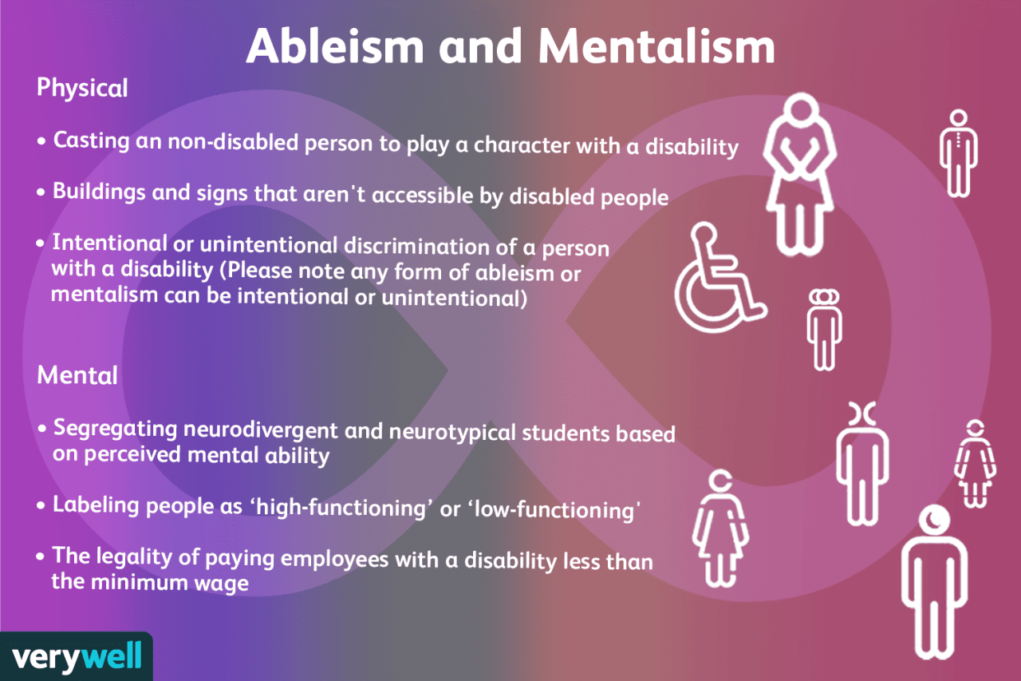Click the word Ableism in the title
click(x=335, y=46)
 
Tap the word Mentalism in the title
click(x=656, y=46)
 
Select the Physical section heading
click(x=82, y=88)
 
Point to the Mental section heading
click(x=77, y=375)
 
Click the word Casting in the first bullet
click(x=91, y=141)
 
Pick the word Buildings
click(x=99, y=192)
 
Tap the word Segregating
click(x=116, y=429)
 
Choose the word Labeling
click(x=96, y=505)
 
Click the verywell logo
click(x=77, y=657)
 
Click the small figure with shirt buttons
click(x=959, y=153)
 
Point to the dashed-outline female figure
click(x=975, y=464)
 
